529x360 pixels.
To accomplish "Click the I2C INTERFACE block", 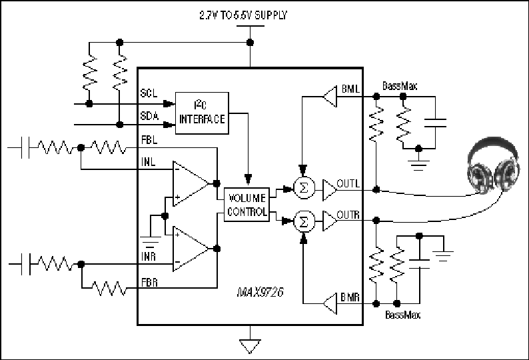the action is coord(202,113).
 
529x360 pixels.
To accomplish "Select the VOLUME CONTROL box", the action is coord(247,205).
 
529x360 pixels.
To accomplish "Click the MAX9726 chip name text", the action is coord(260,292).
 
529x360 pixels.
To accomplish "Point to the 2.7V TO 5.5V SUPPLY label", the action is coord(243,15).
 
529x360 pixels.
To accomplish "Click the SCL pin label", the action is coord(149,93).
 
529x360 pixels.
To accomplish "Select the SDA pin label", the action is coord(149,116).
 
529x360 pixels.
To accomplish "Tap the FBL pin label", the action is coord(149,139).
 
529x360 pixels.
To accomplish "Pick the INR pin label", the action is coord(149,257).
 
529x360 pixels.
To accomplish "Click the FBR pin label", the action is coord(149,282).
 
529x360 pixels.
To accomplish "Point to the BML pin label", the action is coord(350,89).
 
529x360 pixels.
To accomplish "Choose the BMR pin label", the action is coord(350,297).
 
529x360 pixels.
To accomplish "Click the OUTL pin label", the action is coord(348,183).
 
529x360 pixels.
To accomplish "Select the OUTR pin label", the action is coord(348,215).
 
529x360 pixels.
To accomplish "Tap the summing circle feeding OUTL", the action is coord(304,187).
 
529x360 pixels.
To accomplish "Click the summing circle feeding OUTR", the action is coord(304,221).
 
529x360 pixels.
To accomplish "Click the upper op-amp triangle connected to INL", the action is coord(191,183).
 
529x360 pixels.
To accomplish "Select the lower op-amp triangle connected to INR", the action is coord(191,249).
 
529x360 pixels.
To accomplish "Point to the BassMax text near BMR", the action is coord(403,315).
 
